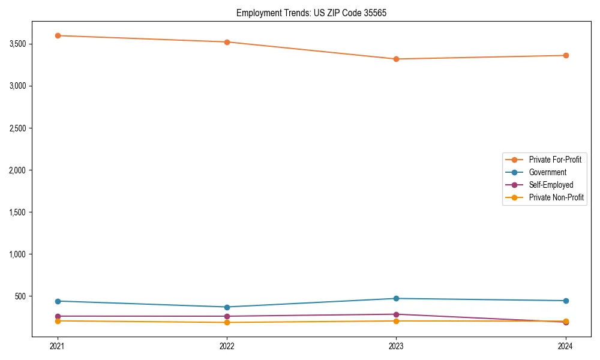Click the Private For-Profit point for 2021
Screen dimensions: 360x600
point(58,35)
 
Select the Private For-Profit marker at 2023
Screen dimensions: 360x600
point(396,59)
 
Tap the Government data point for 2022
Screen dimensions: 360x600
point(227,307)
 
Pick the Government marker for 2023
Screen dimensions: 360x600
point(396,298)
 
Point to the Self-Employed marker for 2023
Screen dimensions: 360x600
point(396,314)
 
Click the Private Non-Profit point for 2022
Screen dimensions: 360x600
point(227,322)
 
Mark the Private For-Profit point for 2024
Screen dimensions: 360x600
point(566,55)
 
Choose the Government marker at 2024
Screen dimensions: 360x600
point(566,301)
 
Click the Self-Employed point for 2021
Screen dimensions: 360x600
point(58,316)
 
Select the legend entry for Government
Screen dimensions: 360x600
point(547,172)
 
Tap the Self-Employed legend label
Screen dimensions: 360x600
point(551,185)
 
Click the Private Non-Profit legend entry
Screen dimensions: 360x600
point(556,197)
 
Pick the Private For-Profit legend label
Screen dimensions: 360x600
point(555,160)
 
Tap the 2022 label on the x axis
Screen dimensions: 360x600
point(227,346)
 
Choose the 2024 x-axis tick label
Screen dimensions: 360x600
point(566,346)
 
